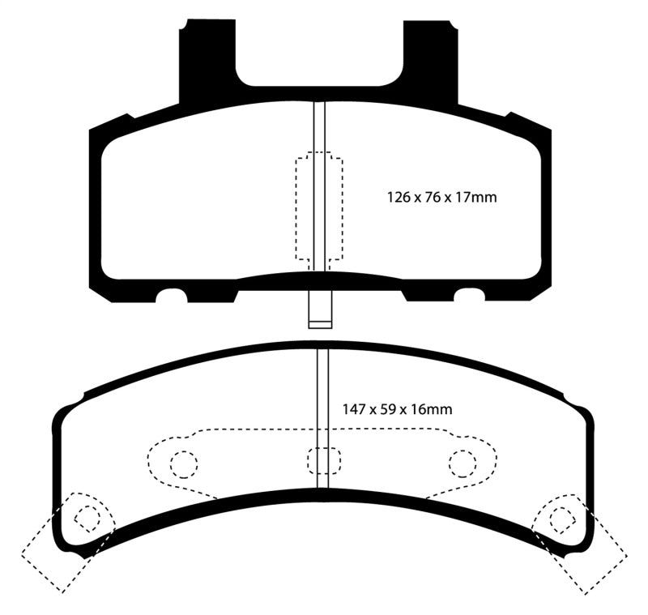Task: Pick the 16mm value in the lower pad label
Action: pos(435,409)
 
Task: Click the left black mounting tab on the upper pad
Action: pos(202,65)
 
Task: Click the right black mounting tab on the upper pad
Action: pos(430,65)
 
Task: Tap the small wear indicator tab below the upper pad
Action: pos(319,312)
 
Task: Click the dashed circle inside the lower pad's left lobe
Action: pos(184,463)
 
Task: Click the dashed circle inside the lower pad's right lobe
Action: pos(462,463)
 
